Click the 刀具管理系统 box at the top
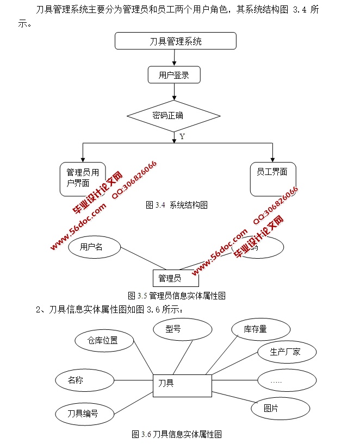coord(176,41)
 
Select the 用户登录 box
coord(174,75)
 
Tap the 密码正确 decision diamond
coord(173,116)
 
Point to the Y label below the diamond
coord(182,137)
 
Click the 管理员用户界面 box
coord(82,178)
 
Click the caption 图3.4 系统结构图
coord(177,205)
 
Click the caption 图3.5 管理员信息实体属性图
coord(177,296)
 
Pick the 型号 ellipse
coord(182,329)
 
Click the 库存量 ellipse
coord(260,329)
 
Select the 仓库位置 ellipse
coord(103,341)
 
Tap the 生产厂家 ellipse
coord(285,352)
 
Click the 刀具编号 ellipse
coord(84,413)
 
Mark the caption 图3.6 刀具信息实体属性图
coord(177,434)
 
